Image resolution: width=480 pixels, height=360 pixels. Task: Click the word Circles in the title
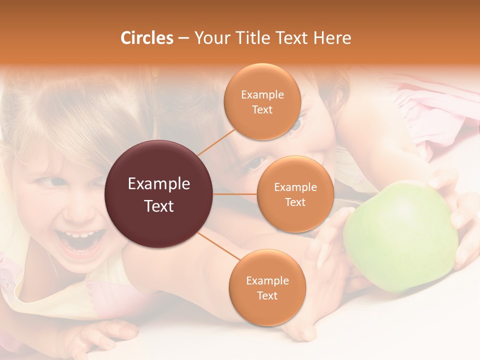[146, 38]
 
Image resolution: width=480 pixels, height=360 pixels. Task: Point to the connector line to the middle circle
[235, 194]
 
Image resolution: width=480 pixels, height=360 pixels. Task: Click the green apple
[400, 235]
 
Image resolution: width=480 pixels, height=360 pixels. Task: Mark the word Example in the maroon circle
[159, 184]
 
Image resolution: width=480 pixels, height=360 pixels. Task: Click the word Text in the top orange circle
[262, 109]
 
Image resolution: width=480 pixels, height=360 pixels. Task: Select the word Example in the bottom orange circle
[267, 280]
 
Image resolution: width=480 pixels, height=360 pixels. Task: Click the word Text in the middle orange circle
[295, 202]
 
